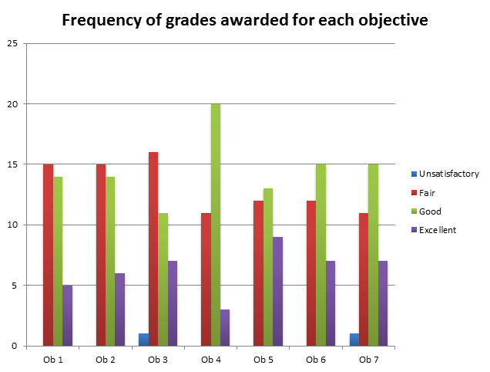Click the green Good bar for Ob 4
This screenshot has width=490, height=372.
[x=215, y=225]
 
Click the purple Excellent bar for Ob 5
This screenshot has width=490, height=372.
[x=277, y=291]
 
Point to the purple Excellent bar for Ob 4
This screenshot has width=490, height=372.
[x=224, y=327]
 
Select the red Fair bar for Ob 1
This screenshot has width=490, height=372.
[x=48, y=255]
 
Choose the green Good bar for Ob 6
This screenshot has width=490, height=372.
[x=321, y=255]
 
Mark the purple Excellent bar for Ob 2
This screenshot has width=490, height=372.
[x=119, y=309]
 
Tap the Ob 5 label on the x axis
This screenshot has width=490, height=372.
[x=263, y=360]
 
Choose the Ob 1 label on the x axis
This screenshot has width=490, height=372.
[x=53, y=360]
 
